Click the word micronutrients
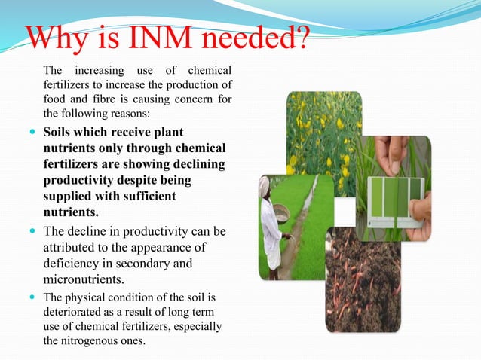tap(84, 279)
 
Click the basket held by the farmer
tap(281, 214)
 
